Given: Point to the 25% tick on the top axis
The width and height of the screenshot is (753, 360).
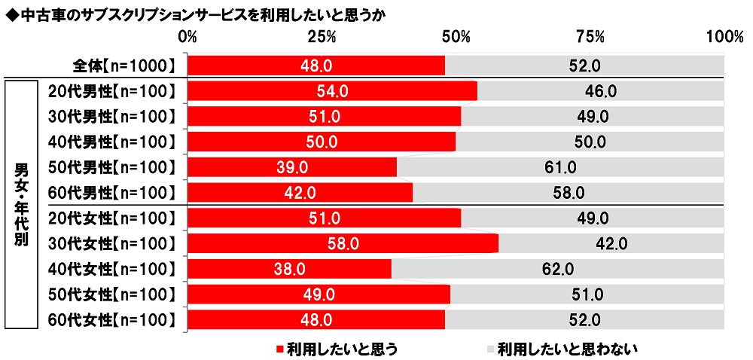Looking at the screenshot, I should point(322,37).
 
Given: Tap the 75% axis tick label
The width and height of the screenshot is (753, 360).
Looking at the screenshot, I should point(590,37).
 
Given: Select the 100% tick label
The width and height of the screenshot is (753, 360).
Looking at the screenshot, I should point(724,37).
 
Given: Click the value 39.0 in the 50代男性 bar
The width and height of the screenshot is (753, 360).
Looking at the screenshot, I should point(292,167).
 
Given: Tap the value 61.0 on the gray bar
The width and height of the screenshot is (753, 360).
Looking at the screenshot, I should point(560,167).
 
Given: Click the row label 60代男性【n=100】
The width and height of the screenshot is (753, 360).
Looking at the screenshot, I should point(111,193).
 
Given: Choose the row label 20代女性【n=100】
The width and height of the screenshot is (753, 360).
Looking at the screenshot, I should point(111,218).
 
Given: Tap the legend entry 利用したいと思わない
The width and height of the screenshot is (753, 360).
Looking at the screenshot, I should point(562,349).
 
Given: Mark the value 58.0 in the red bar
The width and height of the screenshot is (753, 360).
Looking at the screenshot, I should point(343,244).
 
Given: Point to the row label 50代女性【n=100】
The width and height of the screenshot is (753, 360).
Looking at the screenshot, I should point(111,294).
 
